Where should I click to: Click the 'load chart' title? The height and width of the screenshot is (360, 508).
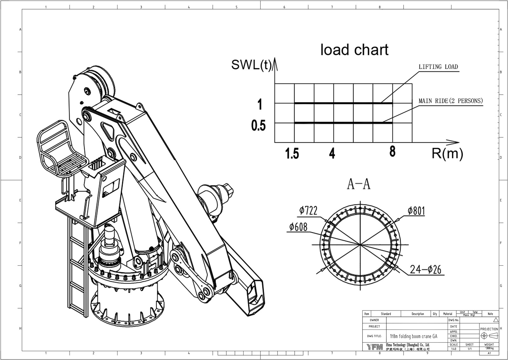pyautogui.click(x=354, y=50)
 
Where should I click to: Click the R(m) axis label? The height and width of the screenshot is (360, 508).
pyautogui.click(x=447, y=153)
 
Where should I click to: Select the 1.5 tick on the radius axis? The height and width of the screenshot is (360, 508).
pyautogui.click(x=292, y=154)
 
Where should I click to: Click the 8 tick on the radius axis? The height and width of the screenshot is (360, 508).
pyautogui.click(x=392, y=152)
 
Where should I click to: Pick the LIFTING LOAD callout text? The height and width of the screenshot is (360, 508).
pyautogui.click(x=438, y=67)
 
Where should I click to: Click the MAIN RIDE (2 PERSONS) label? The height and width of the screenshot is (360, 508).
pyautogui.click(x=450, y=101)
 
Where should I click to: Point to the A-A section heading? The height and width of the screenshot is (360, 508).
pyautogui.click(x=359, y=184)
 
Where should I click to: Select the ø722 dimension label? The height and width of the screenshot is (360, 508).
pyautogui.click(x=308, y=210)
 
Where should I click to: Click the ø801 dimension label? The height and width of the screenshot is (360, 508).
pyautogui.click(x=416, y=211)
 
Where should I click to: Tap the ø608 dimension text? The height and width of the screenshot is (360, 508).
pyautogui.click(x=298, y=227)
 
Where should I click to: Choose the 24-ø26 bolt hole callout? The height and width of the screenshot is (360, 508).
pyautogui.click(x=425, y=269)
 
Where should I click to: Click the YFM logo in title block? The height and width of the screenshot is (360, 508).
pyautogui.click(x=374, y=347)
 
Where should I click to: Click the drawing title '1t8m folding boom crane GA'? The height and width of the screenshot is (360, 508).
pyautogui.click(x=413, y=336)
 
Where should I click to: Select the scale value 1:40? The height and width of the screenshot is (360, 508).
pyautogui.click(x=454, y=349)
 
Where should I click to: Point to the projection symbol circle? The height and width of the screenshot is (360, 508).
pyautogui.click(x=484, y=336)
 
